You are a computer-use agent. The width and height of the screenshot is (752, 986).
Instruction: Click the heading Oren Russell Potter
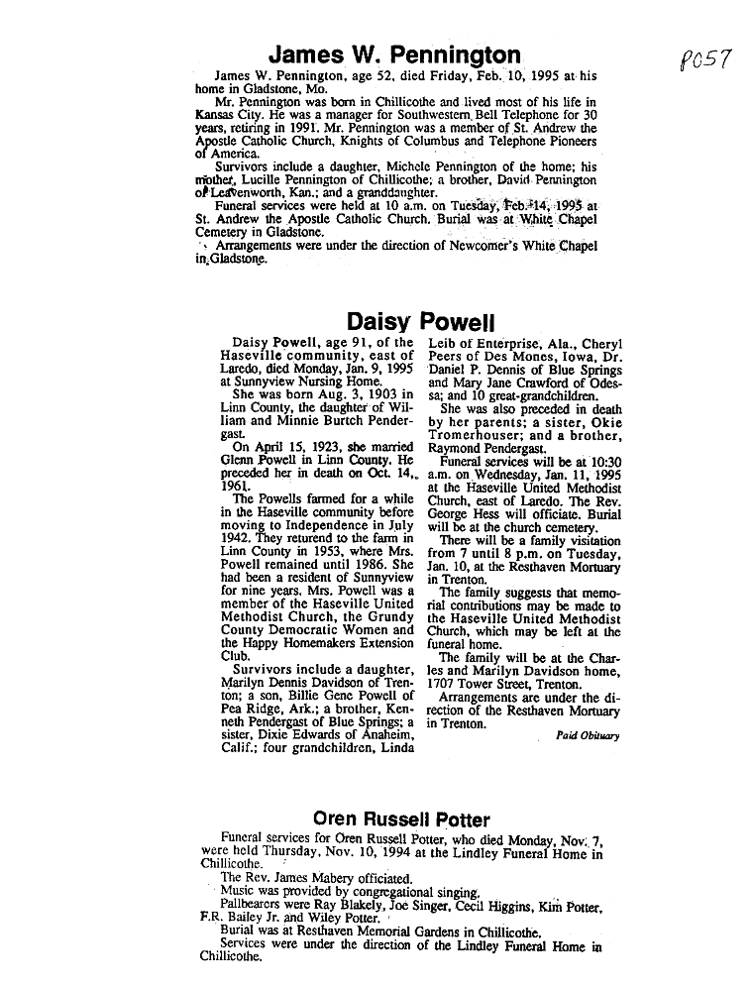click(x=401, y=820)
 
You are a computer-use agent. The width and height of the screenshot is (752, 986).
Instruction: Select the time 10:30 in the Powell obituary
click(x=601, y=460)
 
